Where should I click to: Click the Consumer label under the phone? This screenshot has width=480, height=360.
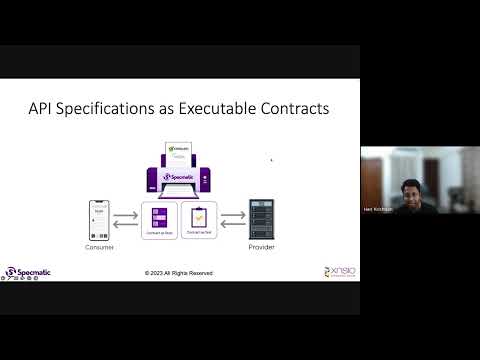coord(100,247)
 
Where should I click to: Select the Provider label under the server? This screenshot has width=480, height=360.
coord(261,247)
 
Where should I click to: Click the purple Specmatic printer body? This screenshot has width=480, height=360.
coord(180,180)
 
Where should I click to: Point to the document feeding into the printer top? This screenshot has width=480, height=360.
coord(180,153)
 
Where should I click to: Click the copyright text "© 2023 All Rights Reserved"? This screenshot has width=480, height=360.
coord(178,273)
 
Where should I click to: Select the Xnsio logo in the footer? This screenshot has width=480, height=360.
coord(339,271)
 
